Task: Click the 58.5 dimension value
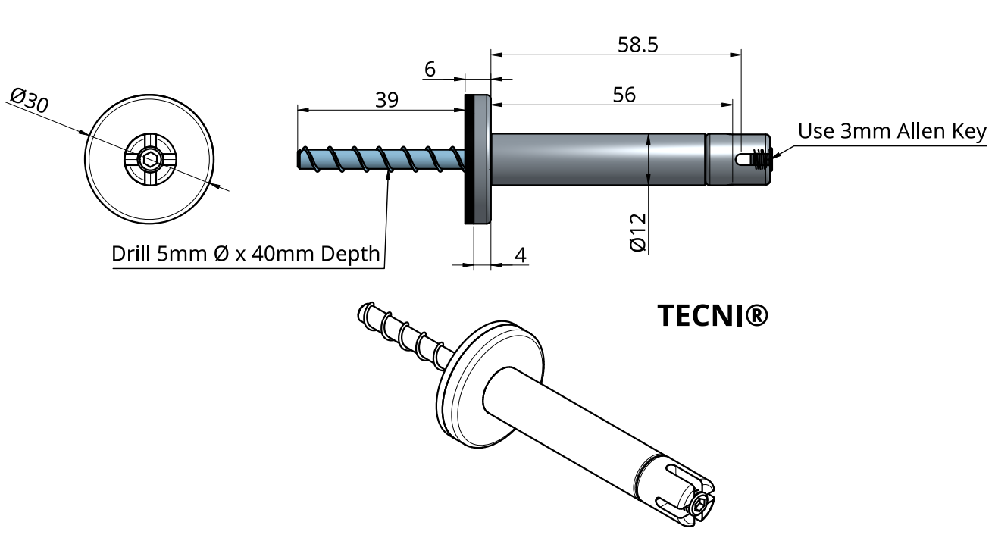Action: (637, 45)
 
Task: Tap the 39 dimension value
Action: (386, 100)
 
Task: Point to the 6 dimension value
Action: (430, 70)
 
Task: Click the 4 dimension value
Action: (521, 255)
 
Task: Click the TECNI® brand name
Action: (712, 316)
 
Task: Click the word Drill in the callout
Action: (133, 254)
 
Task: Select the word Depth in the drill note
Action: (350, 254)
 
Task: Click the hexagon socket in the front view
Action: (149, 159)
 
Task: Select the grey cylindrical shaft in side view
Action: (599, 158)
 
